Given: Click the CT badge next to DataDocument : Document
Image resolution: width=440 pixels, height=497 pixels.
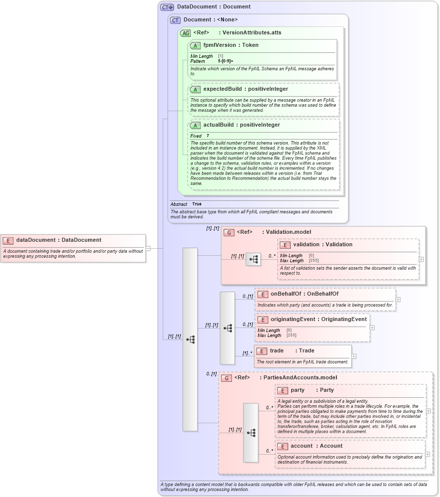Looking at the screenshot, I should point(167,7).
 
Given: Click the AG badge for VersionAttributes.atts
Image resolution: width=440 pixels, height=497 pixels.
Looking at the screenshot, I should point(185,33).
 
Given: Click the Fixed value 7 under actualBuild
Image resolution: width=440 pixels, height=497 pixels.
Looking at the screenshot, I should point(208,136).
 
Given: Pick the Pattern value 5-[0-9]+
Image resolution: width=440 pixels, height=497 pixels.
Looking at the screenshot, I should point(225,61).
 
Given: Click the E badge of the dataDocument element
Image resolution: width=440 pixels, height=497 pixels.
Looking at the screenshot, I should point(8,240).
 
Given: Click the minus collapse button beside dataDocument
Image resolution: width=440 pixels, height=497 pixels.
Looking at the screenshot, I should point(148,248).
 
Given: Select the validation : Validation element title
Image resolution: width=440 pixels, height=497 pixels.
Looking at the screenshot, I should point(323,244).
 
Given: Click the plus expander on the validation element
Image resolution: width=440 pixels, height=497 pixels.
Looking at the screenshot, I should point(422,259).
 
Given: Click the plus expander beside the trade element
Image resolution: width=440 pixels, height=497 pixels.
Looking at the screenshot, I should point(354,356).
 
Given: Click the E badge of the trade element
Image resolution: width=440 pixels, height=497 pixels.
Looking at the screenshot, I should point(262,351).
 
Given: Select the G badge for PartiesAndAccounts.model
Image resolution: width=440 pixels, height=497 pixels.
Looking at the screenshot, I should point(226,378).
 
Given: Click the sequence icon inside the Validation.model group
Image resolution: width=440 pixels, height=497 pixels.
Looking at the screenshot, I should point(253,259).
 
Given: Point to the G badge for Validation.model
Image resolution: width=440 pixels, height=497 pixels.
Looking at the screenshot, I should point(229,232).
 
